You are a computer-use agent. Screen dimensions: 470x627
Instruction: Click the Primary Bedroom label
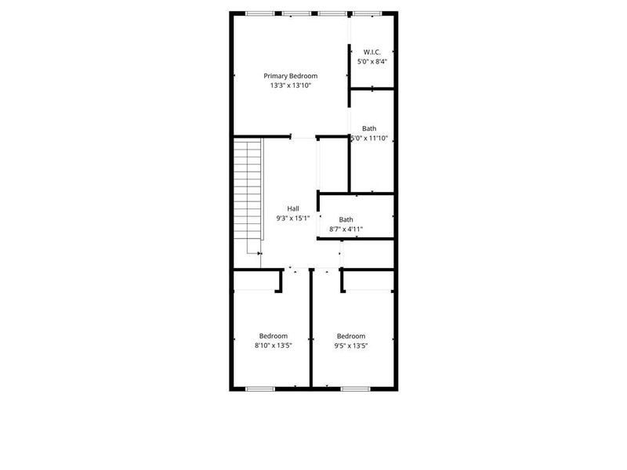tap(290, 76)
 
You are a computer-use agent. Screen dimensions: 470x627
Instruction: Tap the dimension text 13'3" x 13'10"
tap(290, 86)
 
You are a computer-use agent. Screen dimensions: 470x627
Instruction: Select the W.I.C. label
tap(371, 52)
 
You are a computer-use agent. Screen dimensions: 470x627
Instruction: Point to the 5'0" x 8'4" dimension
tap(371, 61)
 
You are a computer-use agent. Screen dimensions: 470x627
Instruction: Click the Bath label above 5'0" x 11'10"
tap(369, 128)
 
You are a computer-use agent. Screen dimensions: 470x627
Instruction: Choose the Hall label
tap(292, 208)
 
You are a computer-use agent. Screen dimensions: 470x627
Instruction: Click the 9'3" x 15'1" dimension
tap(292, 219)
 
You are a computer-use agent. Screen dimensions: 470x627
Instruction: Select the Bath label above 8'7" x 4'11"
tap(346, 219)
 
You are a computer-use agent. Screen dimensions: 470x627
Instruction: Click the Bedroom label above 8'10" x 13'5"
tap(273, 335)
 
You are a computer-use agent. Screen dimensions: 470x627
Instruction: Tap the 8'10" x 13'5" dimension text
tap(273, 345)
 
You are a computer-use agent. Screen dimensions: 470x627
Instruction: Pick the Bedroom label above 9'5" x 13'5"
tap(351, 335)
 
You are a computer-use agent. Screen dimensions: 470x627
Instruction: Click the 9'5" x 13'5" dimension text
tap(351, 345)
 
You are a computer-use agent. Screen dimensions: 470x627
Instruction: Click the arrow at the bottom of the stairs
tap(259, 253)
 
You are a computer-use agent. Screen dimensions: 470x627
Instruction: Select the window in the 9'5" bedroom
tap(355, 389)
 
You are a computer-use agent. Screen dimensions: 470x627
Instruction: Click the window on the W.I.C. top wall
tap(364, 13)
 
